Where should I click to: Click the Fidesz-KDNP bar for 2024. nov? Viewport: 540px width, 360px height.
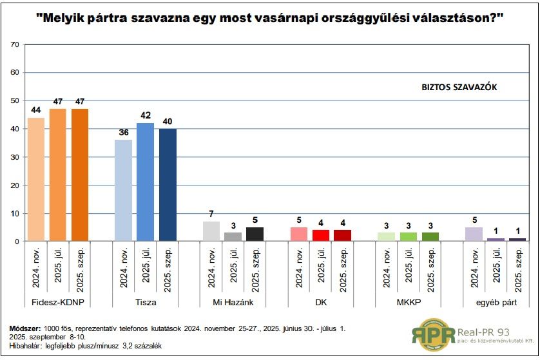click(36, 180)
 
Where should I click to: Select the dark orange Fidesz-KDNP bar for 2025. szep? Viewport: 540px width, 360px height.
click(81, 175)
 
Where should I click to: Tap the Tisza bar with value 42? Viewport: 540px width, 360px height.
click(146, 182)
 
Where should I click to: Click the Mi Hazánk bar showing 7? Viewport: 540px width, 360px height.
click(211, 231)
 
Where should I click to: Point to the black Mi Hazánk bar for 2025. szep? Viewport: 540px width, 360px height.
click(255, 234)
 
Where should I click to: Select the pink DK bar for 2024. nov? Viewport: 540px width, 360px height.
click(299, 234)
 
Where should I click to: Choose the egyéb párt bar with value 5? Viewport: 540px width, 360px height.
click(474, 234)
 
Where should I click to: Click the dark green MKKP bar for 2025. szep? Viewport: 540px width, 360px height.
click(430, 237)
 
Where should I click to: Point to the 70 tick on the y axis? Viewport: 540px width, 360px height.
click(15, 44)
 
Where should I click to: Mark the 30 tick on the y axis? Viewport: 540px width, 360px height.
click(15, 157)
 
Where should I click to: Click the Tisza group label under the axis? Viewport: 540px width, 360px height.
click(146, 302)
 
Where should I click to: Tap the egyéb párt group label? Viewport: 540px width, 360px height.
click(496, 302)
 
